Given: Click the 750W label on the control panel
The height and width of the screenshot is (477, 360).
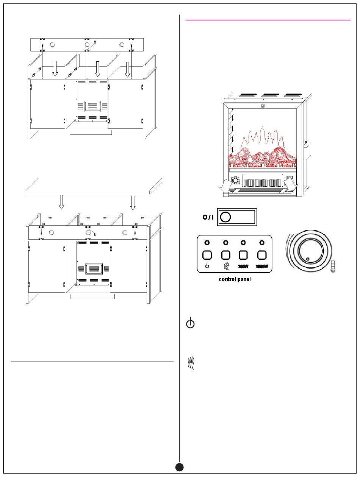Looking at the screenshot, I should (x=243, y=266).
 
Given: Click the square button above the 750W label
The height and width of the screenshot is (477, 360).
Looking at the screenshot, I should (x=243, y=255).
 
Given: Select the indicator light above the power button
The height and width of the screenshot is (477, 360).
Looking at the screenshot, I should (x=207, y=242).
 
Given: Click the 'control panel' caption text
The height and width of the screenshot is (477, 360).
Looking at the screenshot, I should (x=234, y=279).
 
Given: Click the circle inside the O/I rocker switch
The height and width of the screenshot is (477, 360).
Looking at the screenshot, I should (x=225, y=217).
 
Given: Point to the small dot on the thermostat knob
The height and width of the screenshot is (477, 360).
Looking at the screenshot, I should (x=307, y=259).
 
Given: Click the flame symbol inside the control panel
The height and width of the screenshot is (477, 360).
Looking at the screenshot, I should (x=225, y=266).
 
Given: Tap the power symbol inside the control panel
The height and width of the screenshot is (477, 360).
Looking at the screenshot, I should (x=207, y=266).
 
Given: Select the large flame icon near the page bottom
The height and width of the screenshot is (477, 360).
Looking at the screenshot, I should (x=191, y=364).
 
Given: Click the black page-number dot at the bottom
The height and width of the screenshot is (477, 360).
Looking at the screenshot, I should (x=180, y=467).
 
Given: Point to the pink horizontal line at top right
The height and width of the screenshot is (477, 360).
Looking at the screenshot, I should (x=268, y=19).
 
